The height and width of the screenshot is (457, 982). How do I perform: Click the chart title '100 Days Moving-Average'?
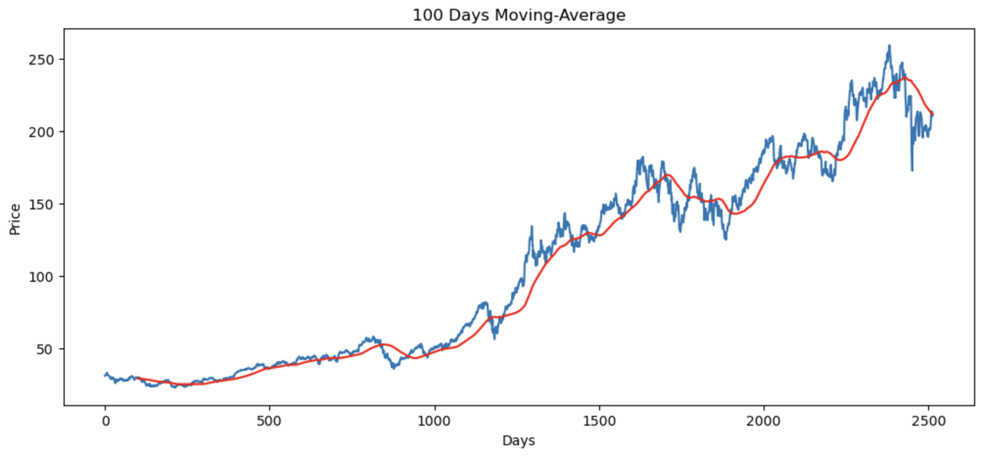(519, 15)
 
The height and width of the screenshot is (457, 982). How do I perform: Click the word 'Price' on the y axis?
(15, 219)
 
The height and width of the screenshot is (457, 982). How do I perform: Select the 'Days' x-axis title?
(519, 440)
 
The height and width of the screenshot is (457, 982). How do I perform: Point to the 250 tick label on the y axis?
(41, 60)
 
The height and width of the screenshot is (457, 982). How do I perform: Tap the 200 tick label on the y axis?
(41, 132)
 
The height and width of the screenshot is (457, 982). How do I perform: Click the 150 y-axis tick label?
(41, 204)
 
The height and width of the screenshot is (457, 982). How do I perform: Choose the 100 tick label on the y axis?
(41, 277)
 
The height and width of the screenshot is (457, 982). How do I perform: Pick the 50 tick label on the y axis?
(45, 349)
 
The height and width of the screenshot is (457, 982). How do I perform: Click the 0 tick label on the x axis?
(105, 421)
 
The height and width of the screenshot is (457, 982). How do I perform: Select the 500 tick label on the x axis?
(269, 421)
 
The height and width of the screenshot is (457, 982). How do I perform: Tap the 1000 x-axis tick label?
(434, 421)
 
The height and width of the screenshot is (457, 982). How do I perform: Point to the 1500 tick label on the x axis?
(599, 421)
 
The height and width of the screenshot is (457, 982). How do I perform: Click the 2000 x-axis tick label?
(764, 421)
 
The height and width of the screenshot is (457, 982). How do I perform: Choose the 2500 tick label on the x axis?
(928, 421)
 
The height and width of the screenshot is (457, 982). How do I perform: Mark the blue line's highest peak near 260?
(889, 45)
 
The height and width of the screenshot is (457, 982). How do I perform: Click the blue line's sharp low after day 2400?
(912, 170)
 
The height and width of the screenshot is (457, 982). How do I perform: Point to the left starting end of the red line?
(137, 378)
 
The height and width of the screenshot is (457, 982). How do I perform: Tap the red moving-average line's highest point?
(905, 78)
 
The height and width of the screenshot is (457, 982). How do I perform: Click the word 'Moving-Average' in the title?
(560, 15)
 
